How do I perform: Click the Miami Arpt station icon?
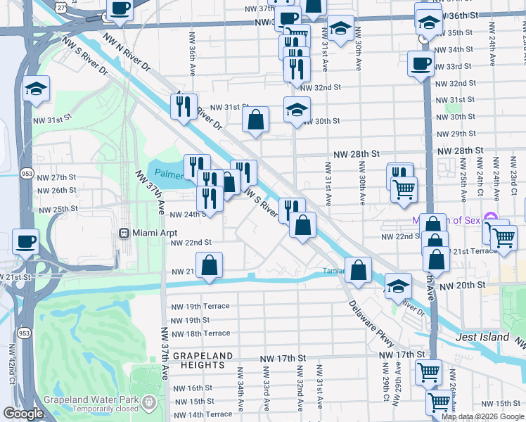[x=124, y=233]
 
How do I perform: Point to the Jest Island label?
[x=482, y=337]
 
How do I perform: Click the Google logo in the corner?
[x=23, y=414]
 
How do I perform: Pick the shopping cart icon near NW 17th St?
[x=428, y=371]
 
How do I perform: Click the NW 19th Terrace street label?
[x=200, y=307]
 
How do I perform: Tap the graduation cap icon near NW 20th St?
[x=398, y=286]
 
